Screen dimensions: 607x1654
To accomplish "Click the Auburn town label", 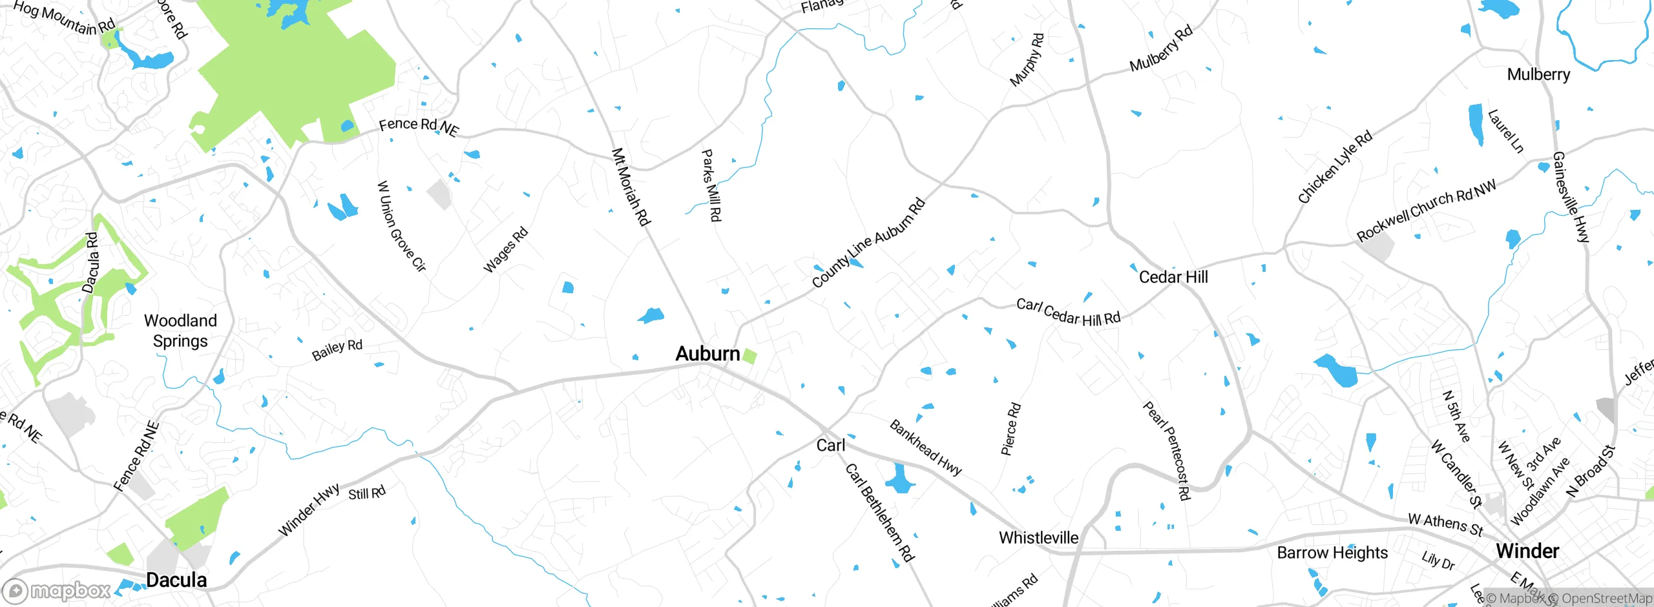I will [707, 354].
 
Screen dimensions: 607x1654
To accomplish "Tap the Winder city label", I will [1527, 551].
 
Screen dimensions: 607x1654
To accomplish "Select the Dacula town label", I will [176, 580].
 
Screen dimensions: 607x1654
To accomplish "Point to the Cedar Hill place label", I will [1173, 277].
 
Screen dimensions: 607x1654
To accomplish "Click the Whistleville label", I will [1038, 538].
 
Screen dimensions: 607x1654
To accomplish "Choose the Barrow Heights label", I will [1332, 553].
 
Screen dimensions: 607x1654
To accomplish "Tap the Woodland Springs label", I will [180, 331].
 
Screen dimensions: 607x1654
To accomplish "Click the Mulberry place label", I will [1538, 74].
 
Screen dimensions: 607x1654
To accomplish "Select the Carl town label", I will [830, 446].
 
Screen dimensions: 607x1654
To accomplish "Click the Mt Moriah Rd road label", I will [630, 187].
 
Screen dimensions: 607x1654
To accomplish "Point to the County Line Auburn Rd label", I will [868, 243].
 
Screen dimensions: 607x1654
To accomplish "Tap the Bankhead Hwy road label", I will [926, 448].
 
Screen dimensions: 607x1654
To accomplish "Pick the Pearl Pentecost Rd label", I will [1166, 450].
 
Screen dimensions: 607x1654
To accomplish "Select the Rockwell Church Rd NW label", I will [1426, 211].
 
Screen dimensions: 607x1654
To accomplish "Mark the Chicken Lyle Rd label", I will [1335, 167].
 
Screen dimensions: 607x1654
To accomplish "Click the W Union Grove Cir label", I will [401, 226].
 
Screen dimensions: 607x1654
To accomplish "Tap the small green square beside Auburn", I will [749, 356].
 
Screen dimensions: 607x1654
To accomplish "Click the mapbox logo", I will [57, 590].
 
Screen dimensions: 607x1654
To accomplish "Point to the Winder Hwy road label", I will [309, 510].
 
